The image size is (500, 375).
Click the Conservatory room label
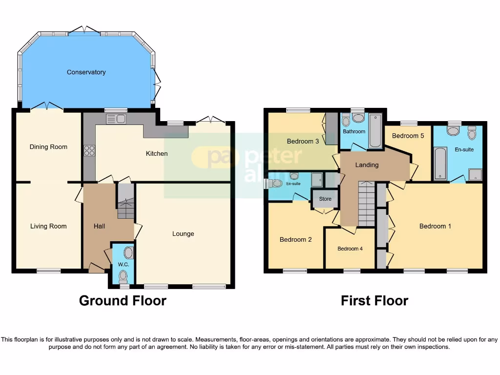86,72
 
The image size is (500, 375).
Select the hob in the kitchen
89,151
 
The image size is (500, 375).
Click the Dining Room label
48,147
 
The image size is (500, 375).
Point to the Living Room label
48,226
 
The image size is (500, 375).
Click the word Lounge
183,234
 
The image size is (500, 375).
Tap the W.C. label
123,265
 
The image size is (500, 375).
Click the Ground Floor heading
123,301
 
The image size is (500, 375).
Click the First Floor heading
375,301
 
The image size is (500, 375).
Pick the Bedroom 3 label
303,142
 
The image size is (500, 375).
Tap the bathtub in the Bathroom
375,130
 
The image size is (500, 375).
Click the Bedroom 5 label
408,136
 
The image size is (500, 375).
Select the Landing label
367,165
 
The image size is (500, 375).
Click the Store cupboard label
325,199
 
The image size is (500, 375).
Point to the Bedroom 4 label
350,249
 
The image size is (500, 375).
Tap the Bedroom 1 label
435,226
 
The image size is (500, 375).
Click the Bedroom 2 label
295,240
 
